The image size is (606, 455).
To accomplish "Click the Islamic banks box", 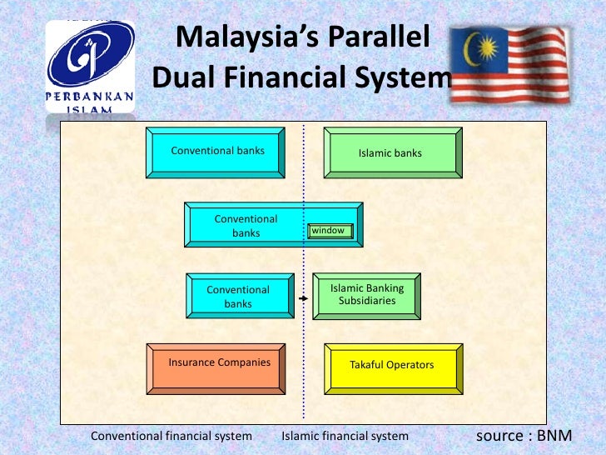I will [392, 152].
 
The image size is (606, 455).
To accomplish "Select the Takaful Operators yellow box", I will [392, 367].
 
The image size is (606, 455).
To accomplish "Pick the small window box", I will [330, 231].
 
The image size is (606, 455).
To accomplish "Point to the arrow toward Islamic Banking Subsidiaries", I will [304, 296].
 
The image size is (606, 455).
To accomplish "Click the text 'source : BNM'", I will [524, 435].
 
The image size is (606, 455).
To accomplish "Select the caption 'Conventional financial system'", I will [171, 436].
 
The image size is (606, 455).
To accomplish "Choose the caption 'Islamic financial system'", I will [345, 436].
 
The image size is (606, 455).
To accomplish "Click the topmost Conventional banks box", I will [216, 152].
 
